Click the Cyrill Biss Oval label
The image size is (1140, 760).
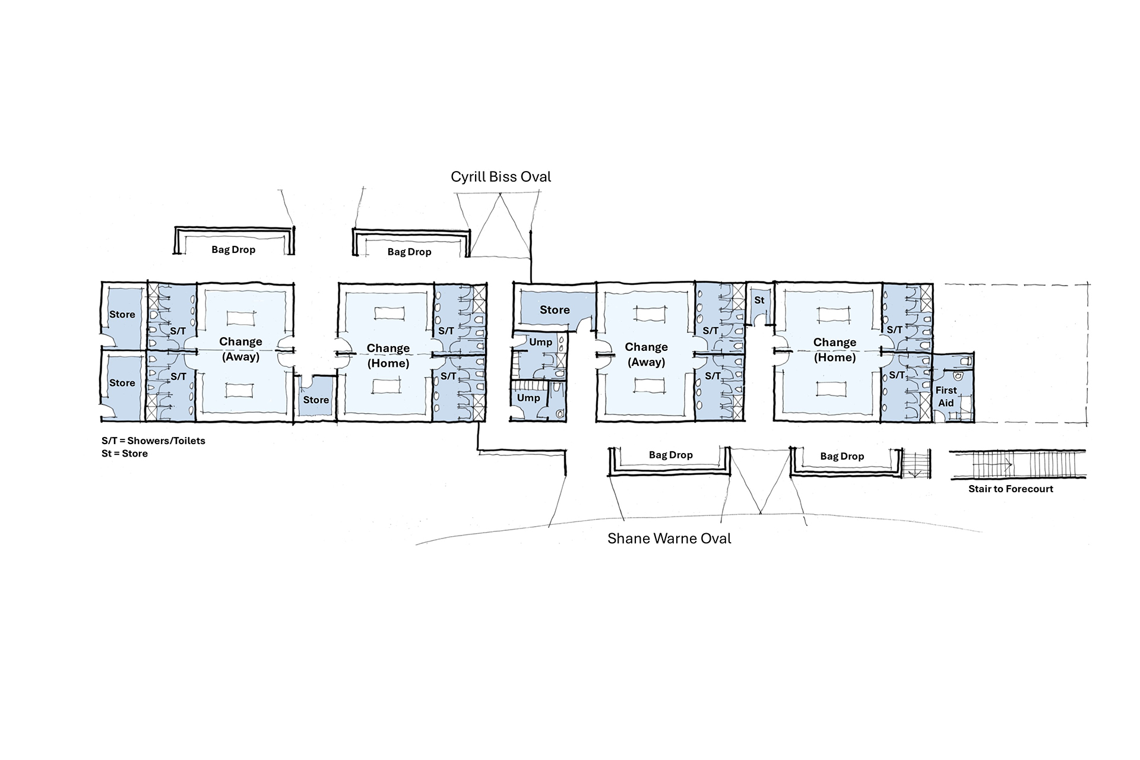click(x=501, y=177)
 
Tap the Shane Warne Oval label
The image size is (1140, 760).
click(x=669, y=539)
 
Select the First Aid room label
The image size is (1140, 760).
click(x=946, y=397)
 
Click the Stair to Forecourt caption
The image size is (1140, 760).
click(x=1011, y=489)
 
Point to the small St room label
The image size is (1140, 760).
click(x=759, y=300)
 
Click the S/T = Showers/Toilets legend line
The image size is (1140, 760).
click(x=153, y=441)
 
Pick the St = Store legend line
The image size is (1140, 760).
click(x=125, y=454)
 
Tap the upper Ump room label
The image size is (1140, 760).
click(x=540, y=342)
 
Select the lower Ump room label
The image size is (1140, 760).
click(x=528, y=398)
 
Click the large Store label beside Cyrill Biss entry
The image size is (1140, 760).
click(x=555, y=310)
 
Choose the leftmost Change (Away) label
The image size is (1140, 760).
click(x=240, y=349)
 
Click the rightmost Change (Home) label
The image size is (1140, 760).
click(x=835, y=350)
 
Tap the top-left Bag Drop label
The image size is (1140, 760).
click(x=233, y=249)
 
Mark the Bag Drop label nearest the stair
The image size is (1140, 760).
click(x=842, y=456)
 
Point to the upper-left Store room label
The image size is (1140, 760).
click(x=122, y=315)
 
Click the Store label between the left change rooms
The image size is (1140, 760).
click(x=316, y=400)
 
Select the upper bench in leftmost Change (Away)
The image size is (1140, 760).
click(x=240, y=317)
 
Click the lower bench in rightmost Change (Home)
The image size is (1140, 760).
click(x=834, y=389)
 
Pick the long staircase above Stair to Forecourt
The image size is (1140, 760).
click(x=1018, y=464)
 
